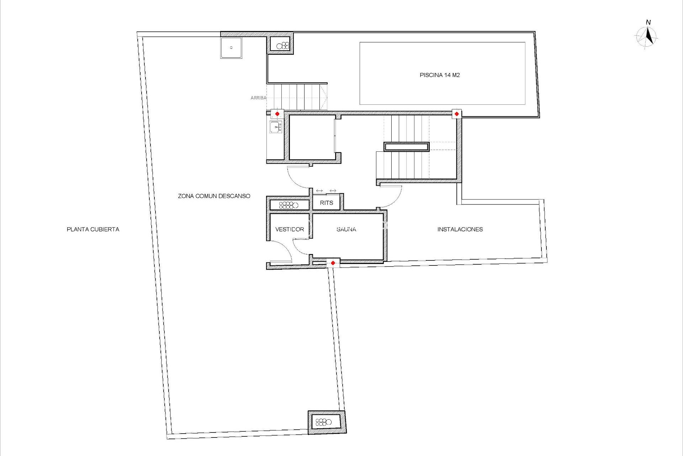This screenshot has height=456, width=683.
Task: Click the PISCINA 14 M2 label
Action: click(440, 75)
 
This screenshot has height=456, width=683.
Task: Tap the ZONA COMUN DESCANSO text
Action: click(214, 196)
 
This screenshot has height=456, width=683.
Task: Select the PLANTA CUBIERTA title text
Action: click(93, 229)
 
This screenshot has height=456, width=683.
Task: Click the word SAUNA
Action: click(346, 229)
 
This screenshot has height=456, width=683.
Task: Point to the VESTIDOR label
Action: click(290, 229)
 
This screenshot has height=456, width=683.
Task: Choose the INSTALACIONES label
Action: click(460, 229)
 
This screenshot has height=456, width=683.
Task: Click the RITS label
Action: click(326, 203)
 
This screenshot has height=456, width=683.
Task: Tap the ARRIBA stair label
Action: click(258, 98)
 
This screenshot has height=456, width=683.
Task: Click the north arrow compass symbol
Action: click(647, 37)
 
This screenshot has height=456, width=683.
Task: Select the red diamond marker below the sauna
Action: click(333, 263)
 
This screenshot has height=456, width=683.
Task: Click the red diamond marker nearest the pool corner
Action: click(457, 114)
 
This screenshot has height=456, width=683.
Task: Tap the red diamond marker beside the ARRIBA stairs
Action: click(277, 114)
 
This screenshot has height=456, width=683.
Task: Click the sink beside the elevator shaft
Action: click(276, 127)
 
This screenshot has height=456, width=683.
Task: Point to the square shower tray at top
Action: click(231, 48)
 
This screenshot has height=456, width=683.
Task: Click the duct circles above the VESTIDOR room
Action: click(288, 205)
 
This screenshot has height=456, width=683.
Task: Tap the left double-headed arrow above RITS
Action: click(319, 191)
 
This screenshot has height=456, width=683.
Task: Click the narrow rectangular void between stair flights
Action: click(407, 146)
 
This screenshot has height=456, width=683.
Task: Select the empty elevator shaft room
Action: click(312, 137)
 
